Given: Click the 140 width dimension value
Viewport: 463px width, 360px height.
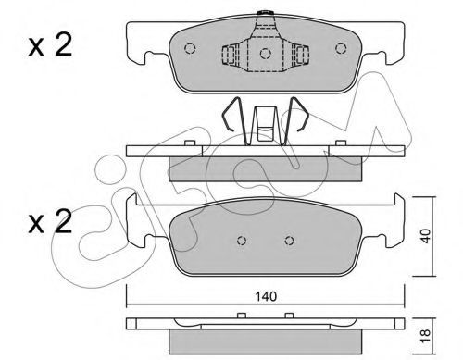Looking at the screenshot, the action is click(266, 297).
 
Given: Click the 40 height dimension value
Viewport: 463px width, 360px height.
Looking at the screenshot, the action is click(426, 236).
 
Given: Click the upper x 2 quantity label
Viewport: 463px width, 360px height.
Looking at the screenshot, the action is click(50, 45).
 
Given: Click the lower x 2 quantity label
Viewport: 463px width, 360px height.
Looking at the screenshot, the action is click(50, 221).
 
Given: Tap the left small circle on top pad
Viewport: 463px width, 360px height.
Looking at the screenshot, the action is click(190, 48).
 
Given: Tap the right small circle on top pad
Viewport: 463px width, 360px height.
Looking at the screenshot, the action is click(341, 48).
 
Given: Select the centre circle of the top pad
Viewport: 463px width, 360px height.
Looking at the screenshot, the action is click(265, 54).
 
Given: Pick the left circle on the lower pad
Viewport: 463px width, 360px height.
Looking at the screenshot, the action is click(242, 241).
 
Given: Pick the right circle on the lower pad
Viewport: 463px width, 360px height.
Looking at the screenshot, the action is click(289, 241).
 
